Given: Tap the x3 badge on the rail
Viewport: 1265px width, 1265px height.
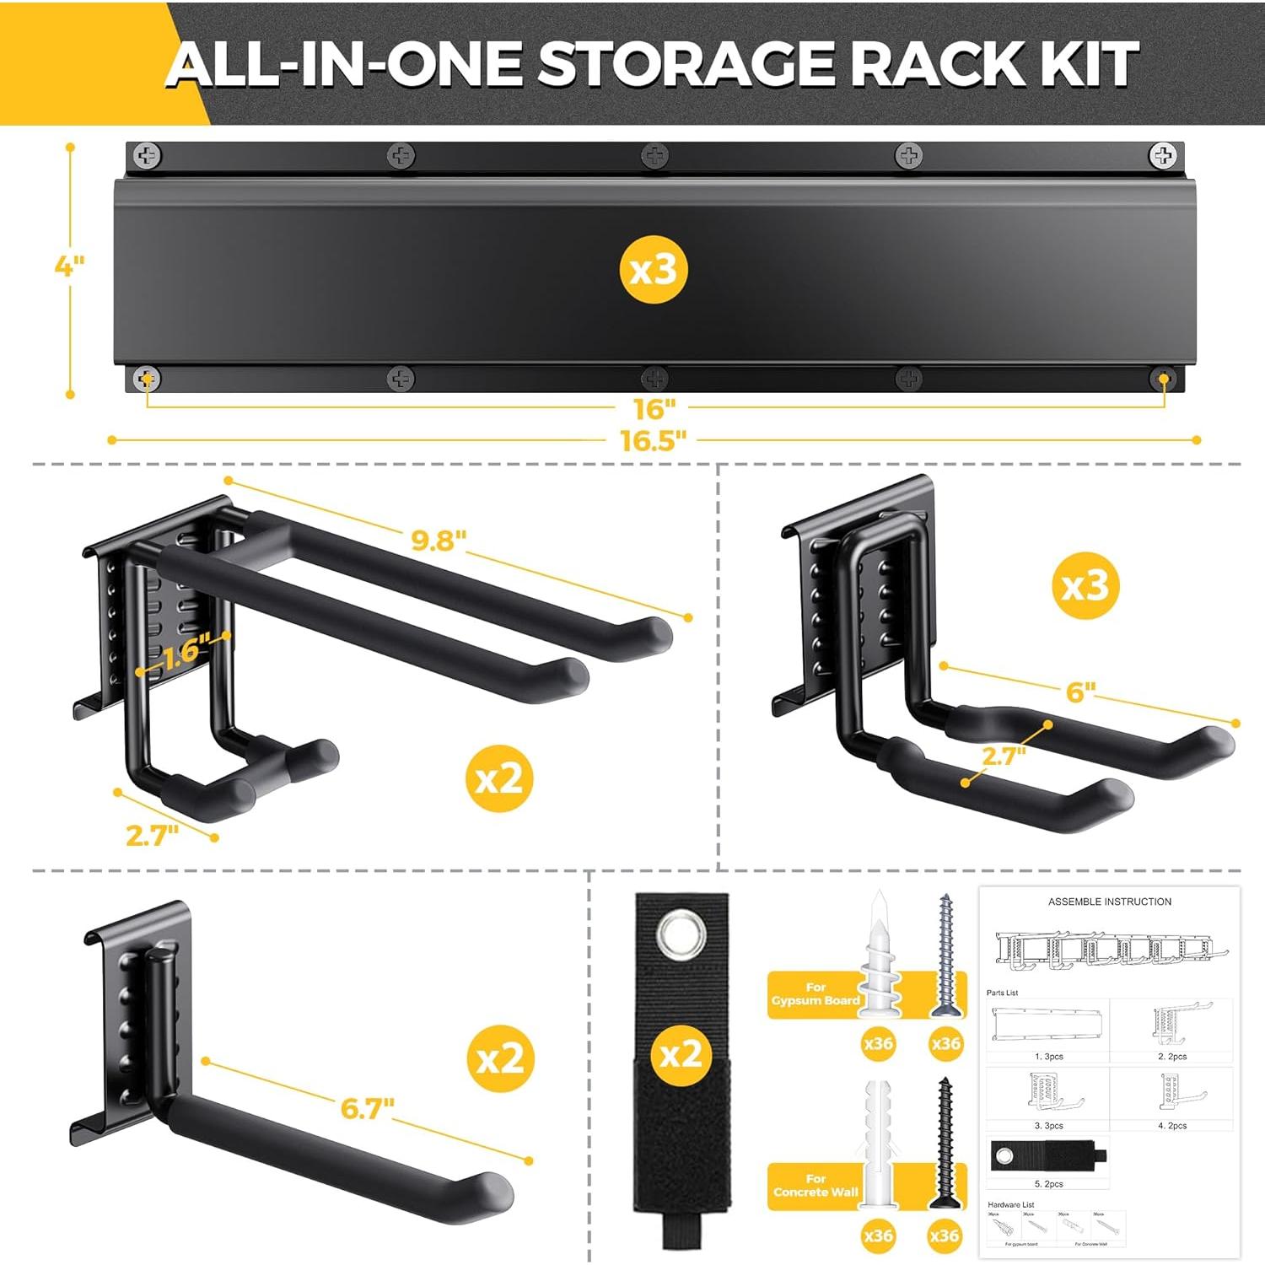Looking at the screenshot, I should pyautogui.click(x=654, y=270).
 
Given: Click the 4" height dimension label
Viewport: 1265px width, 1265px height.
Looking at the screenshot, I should pyautogui.click(x=69, y=266).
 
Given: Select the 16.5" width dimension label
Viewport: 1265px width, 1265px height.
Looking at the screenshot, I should pyautogui.click(x=654, y=440).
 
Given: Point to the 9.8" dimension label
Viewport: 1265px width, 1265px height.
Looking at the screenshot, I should pyautogui.click(x=439, y=540).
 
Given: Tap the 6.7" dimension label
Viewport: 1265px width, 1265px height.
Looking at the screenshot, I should pyautogui.click(x=367, y=1107).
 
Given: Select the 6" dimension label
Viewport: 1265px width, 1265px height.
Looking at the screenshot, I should pyautogui.click(x=1080, y=692).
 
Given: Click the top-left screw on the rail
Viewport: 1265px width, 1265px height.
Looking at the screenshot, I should pyautogui.click(x=148, y=155).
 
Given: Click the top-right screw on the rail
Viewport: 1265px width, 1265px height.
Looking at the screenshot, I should pyautogui.click(x=1163, y=155).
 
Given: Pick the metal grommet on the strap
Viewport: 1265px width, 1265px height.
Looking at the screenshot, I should pyautogui.click(x=680, y=934).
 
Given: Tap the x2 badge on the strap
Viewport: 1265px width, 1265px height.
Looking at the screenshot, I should pyautogui.click(x=681, y=1054).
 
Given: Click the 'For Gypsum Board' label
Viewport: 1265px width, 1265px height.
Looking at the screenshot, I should pyautogui.click(x=815, y=993).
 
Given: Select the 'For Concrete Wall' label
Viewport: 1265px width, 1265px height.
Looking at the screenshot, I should pyautogui.click(x=815, y=1185).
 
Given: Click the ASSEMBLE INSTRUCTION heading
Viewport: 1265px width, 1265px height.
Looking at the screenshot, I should pyautogui.click(x=1109, y=902).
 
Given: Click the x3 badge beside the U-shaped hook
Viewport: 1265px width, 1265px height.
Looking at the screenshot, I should pyautogui.click(x=1085, y=585).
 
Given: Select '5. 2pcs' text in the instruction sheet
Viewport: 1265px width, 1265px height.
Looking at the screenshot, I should pyautogui.click(x=1048, y=1184).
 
